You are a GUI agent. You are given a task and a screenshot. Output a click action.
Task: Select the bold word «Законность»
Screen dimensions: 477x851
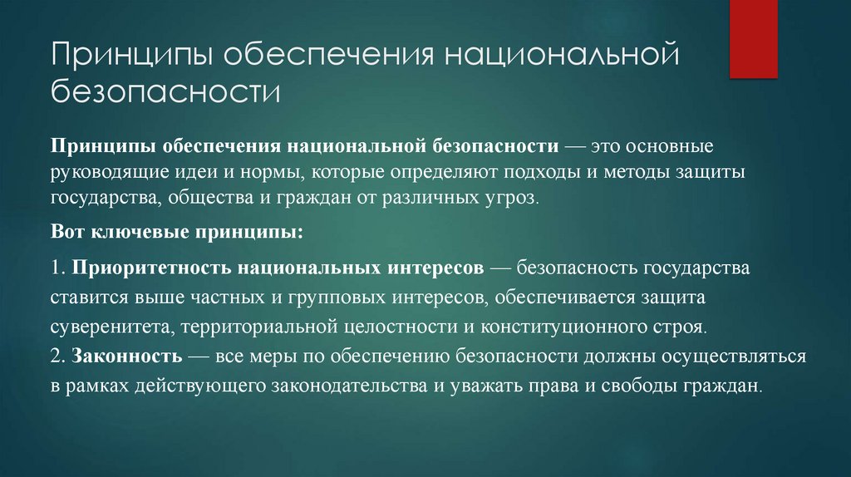[126, 357]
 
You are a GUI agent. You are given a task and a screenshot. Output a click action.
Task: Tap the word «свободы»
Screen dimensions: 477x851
[662, 386]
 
